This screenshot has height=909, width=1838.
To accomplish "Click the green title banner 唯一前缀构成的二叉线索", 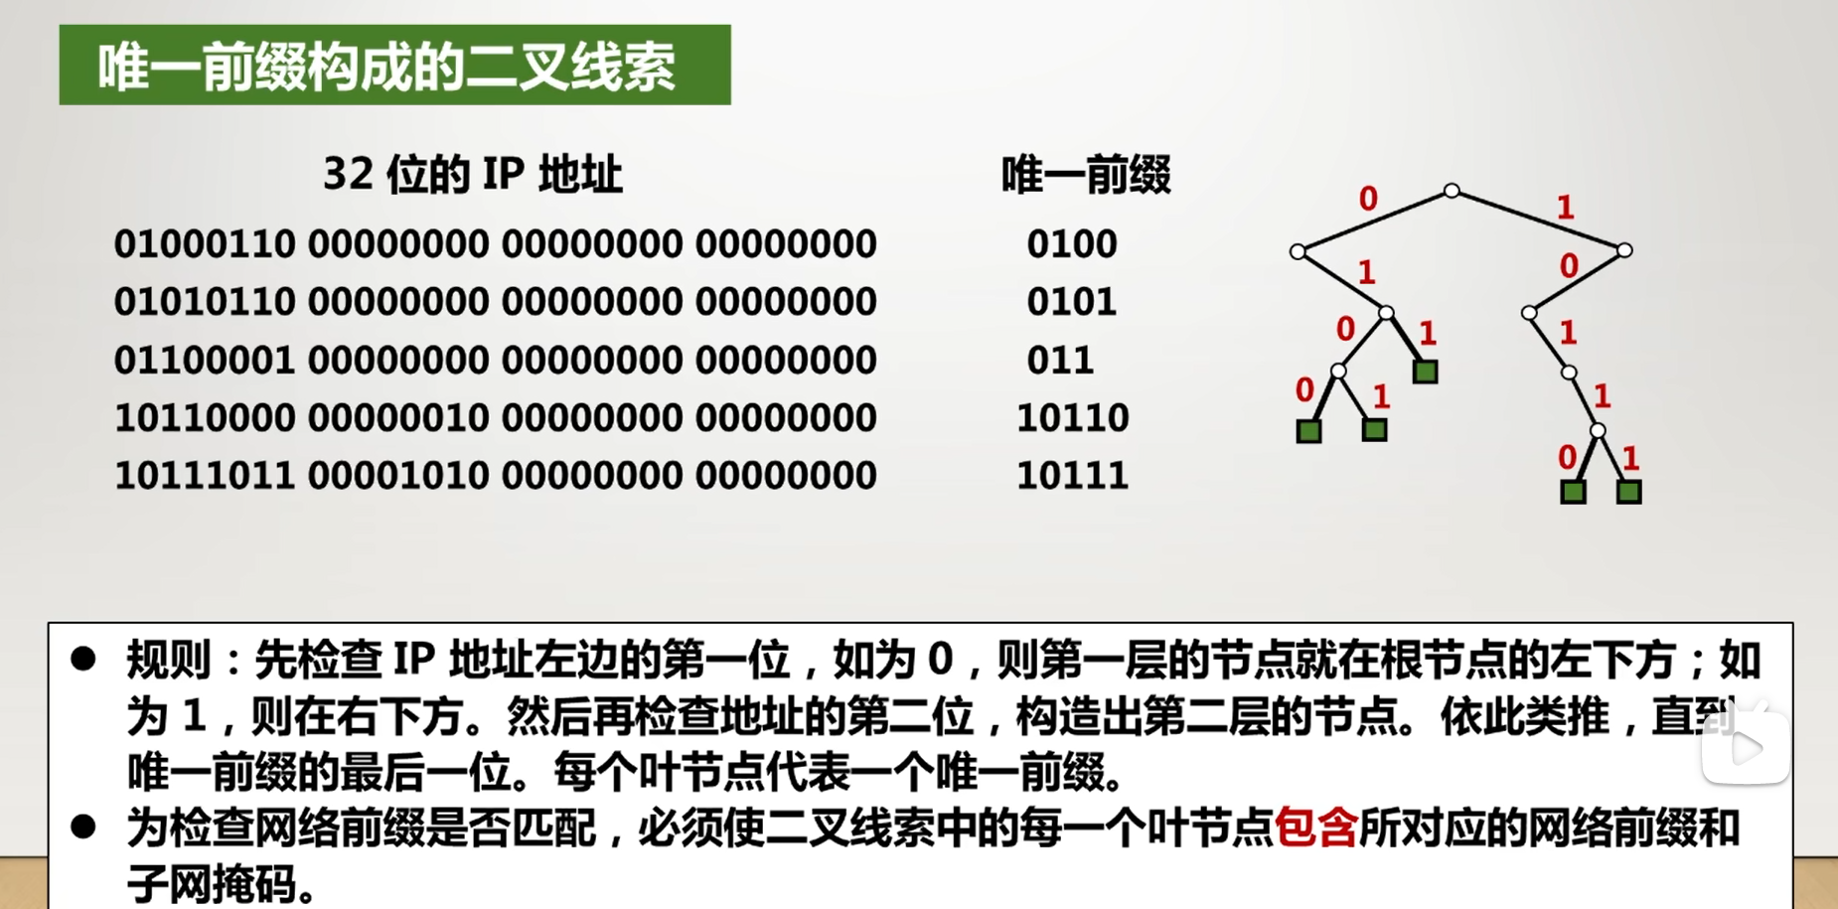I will tap(394, 66).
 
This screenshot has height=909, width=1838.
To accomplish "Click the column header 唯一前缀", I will tap(1086, 175).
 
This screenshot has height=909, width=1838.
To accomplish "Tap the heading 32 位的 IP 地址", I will tap(473, 175).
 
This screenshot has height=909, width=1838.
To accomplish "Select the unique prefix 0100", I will tap(1072, 244).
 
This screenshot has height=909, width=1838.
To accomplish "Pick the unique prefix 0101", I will tap(1072, 302).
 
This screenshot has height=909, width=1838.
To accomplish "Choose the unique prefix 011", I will tap(1060, 360).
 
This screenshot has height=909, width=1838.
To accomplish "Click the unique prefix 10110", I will tap(1073, 418).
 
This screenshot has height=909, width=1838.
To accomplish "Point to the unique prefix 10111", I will tap(1073, 476).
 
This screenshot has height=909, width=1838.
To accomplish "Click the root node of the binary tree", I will tap(1452, 190).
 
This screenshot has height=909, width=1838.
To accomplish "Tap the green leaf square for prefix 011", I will tap(1426, 373).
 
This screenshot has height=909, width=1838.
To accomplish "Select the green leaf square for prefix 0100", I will tap(1308, 431).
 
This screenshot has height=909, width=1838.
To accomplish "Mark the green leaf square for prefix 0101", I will tap(1374, 430).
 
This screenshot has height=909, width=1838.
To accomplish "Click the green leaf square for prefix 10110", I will tap(1573, 492).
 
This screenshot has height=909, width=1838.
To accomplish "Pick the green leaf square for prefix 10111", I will tap(1629, 492).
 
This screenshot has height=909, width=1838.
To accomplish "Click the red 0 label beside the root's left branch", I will tap(1368, 199).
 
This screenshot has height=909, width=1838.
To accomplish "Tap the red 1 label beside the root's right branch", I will tap(1566, 208).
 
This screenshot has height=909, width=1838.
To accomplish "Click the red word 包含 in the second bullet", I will tap(1315, 828).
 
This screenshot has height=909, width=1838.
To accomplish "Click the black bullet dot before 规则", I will tap(83, 659).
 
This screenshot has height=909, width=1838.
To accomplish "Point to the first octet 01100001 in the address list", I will tap(205, 360).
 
